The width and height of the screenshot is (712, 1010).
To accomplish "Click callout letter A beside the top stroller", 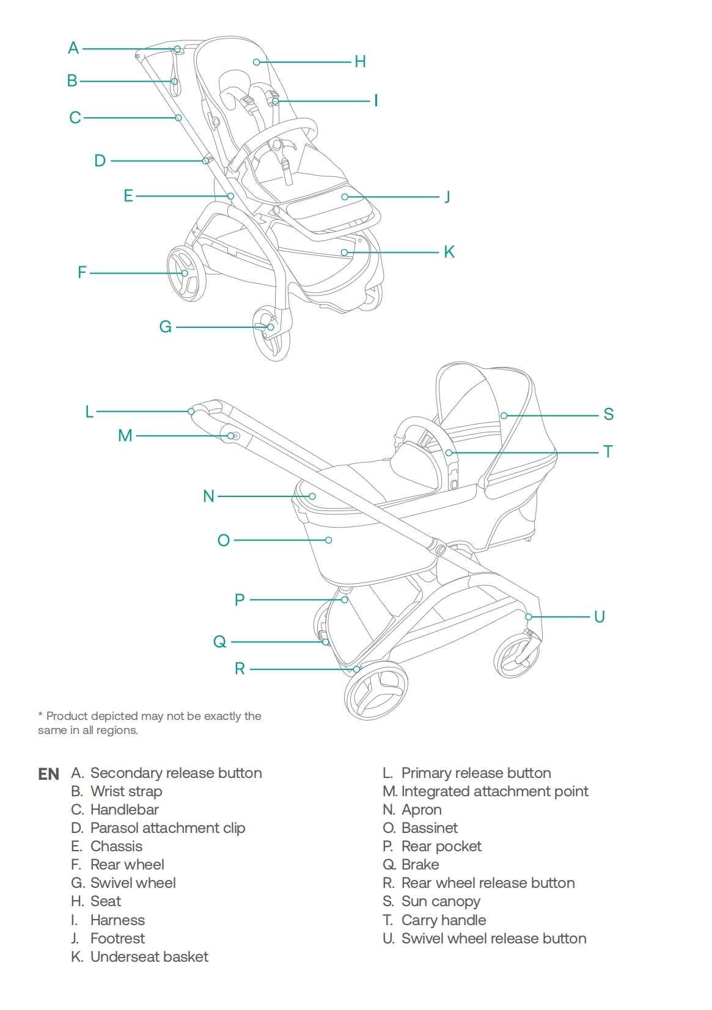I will click(x=73, y=48).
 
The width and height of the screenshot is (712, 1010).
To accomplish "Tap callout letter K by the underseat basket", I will click(x=449, y=252).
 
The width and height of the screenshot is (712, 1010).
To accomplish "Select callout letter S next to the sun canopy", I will click(x=608, y=414).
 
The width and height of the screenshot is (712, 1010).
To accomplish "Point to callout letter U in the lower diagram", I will click(x=599, y=616).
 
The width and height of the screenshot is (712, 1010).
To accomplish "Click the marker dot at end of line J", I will click(x=345, y=197).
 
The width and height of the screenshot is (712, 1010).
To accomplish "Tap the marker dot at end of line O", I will click(x=329, y=540).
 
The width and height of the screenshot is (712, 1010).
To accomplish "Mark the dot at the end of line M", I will click(x=231, y=435).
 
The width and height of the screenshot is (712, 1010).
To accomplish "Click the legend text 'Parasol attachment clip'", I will click(x=167, y=828).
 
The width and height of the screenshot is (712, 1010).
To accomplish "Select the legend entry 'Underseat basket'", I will click(x=149, y=957).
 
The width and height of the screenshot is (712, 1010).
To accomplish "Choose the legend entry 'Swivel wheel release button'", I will click(x=493, y=939).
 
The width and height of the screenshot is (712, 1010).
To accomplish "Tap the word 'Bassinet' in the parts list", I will click(x=429, y=828).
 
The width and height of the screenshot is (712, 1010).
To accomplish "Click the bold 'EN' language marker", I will click(x=48, y=774).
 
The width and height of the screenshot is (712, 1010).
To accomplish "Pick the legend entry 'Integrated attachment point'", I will click(x=494, y=791).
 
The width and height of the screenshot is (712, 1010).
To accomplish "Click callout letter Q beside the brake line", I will click(x=219, y=642).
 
